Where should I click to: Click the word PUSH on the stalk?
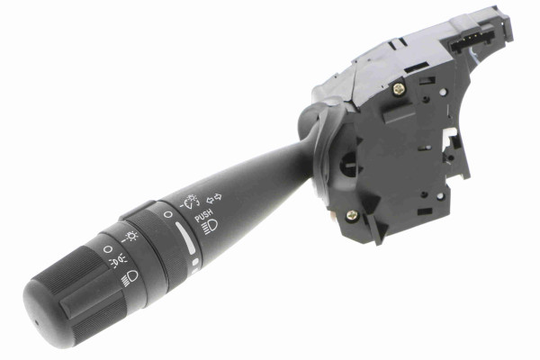pyautogui.click(x=203, y=216)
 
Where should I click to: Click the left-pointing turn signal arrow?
pyautogui.click(x=210, y=200)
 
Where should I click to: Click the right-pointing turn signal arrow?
pyautogui.click(x=218, y=197)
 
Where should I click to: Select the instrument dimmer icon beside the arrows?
pyautogui.click(x=189, y=202)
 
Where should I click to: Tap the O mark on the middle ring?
pyautogui.click(x=167, y=215)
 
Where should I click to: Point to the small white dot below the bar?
pyautogui.click(x=195, y=262)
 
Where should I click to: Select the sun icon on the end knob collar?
pyautogui.click(x=130, y=237)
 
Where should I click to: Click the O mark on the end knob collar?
pyautogui.click(x=108, y=248)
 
